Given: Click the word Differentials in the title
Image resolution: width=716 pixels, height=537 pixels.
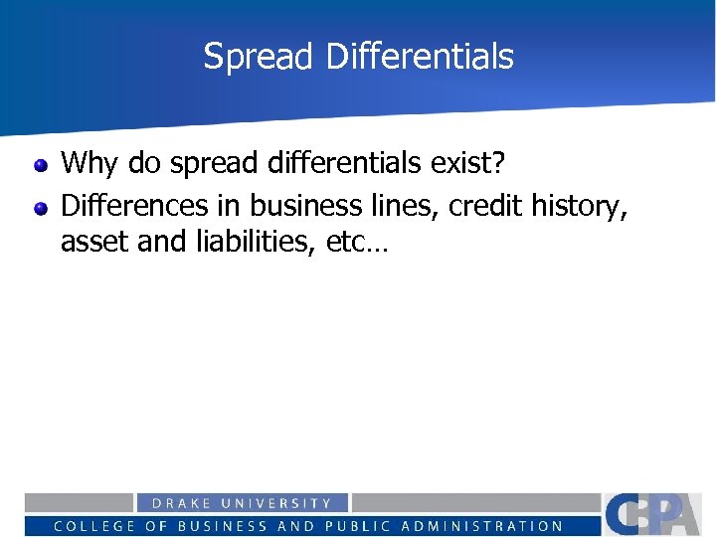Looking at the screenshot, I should click(x=419, y=57).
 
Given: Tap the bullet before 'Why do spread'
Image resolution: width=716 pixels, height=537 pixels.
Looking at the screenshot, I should click(x=41, y=163).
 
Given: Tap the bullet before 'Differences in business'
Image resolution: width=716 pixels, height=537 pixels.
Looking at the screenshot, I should click(x=41, y=208).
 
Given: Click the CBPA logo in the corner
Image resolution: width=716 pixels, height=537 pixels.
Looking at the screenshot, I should click(x=657, y=513).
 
